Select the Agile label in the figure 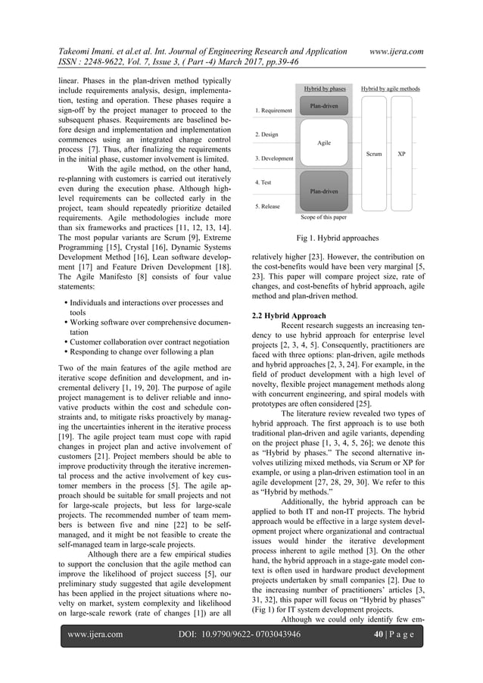324,142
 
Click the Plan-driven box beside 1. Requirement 324,106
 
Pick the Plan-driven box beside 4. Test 324,192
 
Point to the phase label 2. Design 265,135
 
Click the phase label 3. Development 273,158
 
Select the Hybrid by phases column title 324,89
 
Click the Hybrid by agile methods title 390,89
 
